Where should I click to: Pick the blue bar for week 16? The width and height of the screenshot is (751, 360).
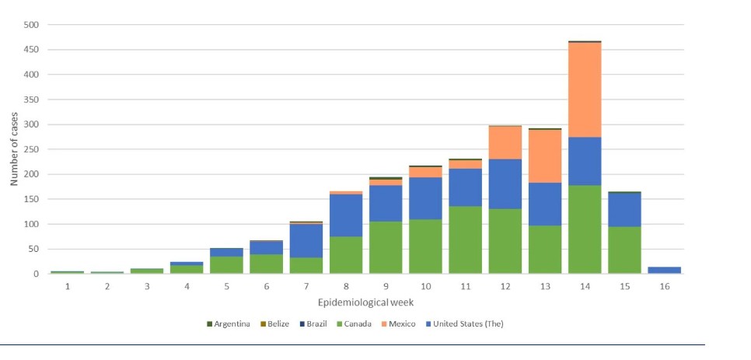click(x=664, y=270)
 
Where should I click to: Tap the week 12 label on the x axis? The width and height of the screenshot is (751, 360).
click(x=505, y=287)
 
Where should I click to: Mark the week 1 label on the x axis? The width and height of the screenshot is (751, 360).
click(x=68, y=287)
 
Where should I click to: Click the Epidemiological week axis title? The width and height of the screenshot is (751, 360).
click(x=365, y=302)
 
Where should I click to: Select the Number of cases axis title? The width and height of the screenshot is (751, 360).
click(x=14, y=149)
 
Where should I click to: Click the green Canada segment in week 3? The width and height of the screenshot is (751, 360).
click(x=147, y=271)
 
